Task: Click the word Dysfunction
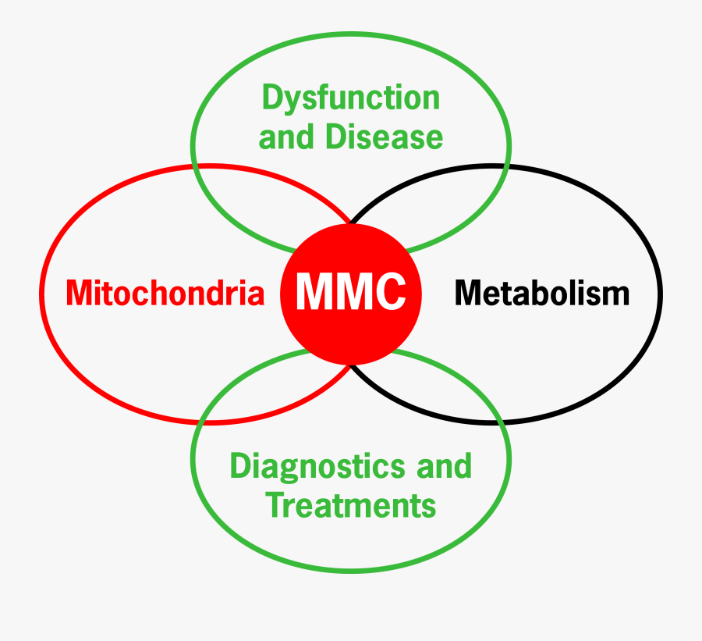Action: point(350,99)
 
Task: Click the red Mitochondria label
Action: point(165,293)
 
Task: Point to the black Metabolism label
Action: point(541,293)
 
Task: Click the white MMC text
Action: point(351,292)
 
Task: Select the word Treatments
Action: point(351,505)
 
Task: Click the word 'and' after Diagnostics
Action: point(444,467)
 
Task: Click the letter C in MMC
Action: point(389,292)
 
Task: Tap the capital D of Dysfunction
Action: point(271,98)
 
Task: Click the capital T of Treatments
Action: point(275,505)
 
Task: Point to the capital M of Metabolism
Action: point(468,293)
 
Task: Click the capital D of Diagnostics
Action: point(239,467)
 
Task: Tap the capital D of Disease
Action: point(335,137)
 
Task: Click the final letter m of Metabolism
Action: point(616,296)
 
